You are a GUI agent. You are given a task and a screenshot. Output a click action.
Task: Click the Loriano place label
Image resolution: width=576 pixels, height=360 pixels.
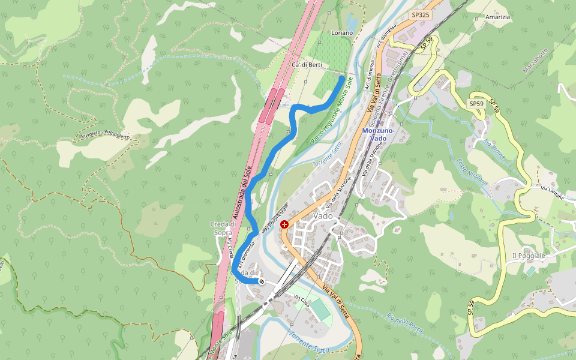pyautogui.click(x=343, y=32)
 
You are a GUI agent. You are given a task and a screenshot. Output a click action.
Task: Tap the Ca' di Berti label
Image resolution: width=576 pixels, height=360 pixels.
pyautogui.click(x=307, y=64)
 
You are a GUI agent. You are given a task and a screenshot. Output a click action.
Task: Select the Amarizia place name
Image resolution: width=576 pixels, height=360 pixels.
pyautogui.click(x=497, y=17)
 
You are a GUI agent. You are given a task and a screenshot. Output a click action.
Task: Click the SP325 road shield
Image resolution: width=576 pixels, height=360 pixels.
pyautogui.click(x=420, y=14)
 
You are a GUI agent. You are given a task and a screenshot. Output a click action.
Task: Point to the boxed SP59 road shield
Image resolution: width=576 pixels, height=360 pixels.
pyautogui.click(x=476, y=104)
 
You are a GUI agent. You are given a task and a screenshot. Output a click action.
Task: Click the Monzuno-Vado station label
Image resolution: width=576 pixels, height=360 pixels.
pyautogui.click(x=378, y=134)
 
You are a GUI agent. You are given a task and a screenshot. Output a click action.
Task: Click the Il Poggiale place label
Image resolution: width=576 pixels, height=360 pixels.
pyautogui.click(x=529, y=256)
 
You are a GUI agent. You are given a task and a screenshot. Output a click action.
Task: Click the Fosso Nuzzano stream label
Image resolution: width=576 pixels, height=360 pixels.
pyautogui.click(x=473, y=172)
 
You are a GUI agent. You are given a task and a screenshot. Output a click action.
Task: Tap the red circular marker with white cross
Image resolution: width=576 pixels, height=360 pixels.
pyautogui.click(x=284, y=224)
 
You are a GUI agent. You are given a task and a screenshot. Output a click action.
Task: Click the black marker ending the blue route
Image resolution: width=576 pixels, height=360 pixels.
pyautogui.click(x=262, y=281)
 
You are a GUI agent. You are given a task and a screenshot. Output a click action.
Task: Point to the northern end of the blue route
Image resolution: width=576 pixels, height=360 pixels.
pyautogui.click(x=342, y=78)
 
